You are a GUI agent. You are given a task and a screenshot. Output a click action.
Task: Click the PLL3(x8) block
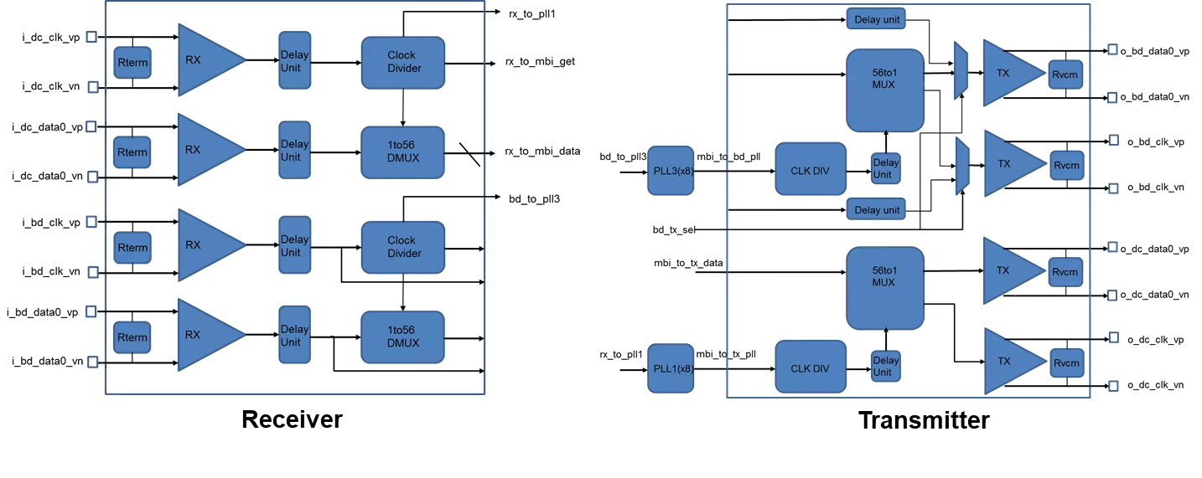pos(671,171)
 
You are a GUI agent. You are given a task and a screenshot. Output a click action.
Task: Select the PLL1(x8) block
pos(671,368)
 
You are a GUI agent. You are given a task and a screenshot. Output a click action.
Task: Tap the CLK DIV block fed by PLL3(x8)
pos(810,171)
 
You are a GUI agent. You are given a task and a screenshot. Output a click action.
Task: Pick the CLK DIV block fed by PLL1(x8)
pos(810,368)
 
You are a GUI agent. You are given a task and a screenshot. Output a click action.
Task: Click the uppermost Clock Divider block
pos(402,62)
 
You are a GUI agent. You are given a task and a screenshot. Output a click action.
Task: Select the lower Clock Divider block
pos(402,247)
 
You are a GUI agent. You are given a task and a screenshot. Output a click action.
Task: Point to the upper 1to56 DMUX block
pos(402,152)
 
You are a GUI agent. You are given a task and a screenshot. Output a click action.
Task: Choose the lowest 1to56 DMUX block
pos(402,337)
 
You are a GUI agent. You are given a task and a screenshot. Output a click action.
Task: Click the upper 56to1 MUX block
pos(884,90)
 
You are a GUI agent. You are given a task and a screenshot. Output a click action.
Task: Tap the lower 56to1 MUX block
pos(884,287)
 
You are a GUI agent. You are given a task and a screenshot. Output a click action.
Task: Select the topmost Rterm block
pos(132,63)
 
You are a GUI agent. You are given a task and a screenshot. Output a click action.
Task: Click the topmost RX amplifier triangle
pos(205,60)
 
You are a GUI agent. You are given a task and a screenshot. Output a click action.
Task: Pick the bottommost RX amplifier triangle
pos(205,335)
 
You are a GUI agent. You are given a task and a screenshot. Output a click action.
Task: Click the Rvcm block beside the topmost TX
pos(1065,75)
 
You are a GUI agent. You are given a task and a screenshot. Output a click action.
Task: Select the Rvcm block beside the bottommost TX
pos(1065,363)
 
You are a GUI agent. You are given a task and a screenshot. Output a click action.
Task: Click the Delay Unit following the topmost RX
pos(294,61)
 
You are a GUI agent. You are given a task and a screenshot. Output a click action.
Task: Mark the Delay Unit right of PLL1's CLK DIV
pos(885,366)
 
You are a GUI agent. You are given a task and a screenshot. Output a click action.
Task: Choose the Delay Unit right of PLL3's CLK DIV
pos(885,168)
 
